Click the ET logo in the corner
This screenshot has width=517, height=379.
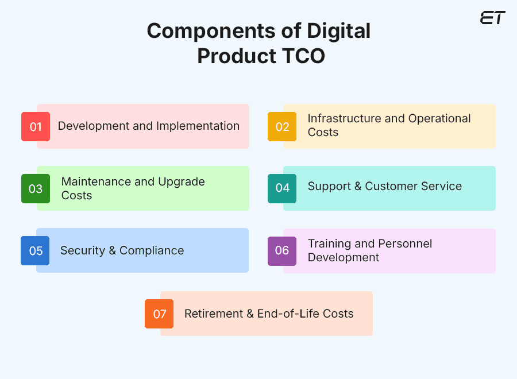[x=492, y=18]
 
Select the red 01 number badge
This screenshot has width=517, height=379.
[x=36, y=126]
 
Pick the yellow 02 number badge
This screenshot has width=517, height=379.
[x=282, y=126]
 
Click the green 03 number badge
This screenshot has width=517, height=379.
[x=36, y=188]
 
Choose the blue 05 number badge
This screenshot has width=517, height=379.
[x=36, y=251]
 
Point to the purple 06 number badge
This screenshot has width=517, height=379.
[x=282, y=251]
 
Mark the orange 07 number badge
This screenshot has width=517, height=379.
[x=159, y=314]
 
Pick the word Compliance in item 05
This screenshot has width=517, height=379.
[x=152, y=250]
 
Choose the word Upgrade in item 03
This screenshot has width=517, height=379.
[x=182, y=181]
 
